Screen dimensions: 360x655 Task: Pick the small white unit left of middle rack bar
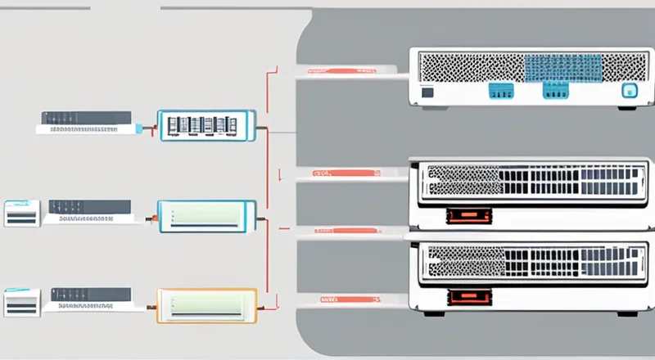(22, 214)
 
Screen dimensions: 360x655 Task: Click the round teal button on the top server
(629, 92)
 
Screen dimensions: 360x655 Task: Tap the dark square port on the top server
(427, 93)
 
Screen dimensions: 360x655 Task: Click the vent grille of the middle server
(532, 180)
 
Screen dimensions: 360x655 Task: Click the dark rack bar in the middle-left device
(89, 206)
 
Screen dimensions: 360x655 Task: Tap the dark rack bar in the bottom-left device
(89, 293)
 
